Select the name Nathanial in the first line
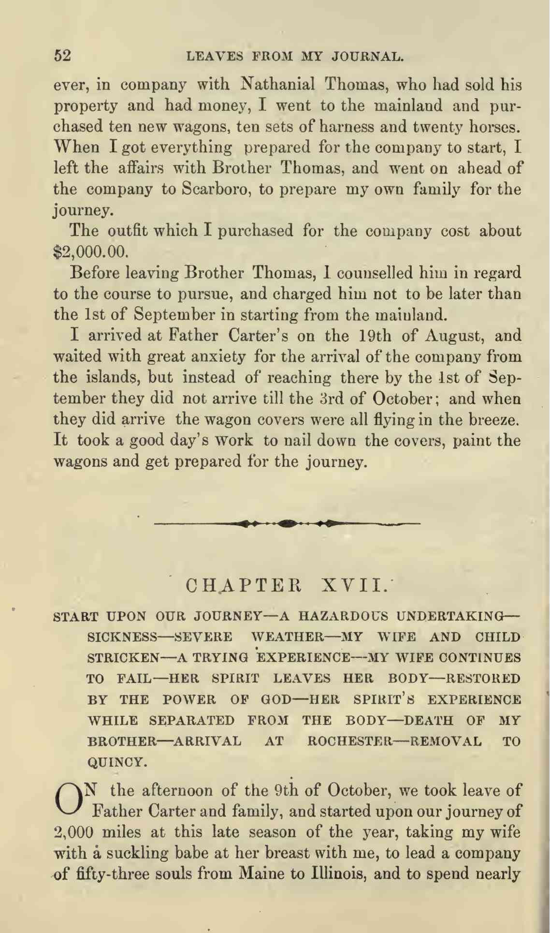point(277,84)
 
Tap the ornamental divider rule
point(287,523)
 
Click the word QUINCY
point(116,762)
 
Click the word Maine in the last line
point(264,874)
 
